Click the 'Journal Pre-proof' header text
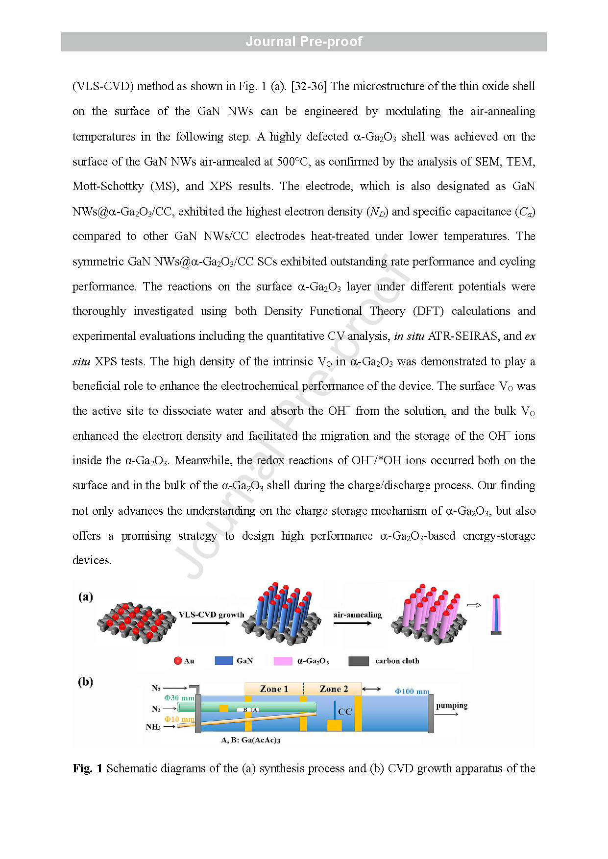coord(304,42)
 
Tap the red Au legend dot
coord(178,661)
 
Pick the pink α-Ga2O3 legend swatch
coord(283,661)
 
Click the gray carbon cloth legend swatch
coord(358,661)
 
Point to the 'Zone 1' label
coord(274,689)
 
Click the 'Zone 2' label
coord(334,689)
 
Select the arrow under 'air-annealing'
coord(357,623)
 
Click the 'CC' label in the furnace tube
coord(345,712)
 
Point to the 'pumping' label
coord(452,705)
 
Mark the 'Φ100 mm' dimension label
coord(412,692)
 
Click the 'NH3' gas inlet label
coord(153,727)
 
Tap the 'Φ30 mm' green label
coord(179,698)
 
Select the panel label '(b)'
coord(85,682)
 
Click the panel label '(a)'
coord(85,597)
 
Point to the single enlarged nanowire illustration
coord(496,615)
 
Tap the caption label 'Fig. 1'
coord(87,768)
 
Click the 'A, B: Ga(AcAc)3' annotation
coord(250,740)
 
